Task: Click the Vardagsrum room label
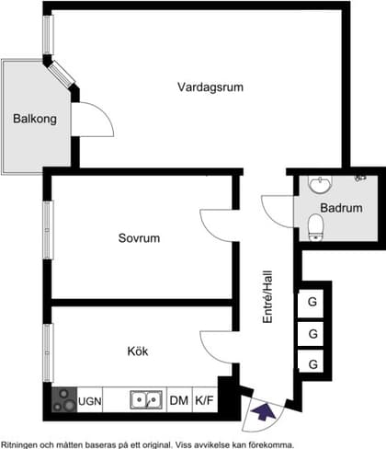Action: point(210,87)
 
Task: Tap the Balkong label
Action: point(35,119)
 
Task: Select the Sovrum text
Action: point(139,238)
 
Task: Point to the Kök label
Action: point(138,351)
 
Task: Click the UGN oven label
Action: point(90,400)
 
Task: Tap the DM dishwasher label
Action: point(178,400)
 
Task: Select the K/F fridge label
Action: point(204,400)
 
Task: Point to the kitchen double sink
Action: point(146,400)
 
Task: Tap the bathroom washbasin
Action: point(320,186)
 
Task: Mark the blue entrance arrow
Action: point(265,413)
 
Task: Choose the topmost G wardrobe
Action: point(313,302)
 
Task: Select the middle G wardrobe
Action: point(313,334)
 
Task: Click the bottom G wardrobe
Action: point(313,365)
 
